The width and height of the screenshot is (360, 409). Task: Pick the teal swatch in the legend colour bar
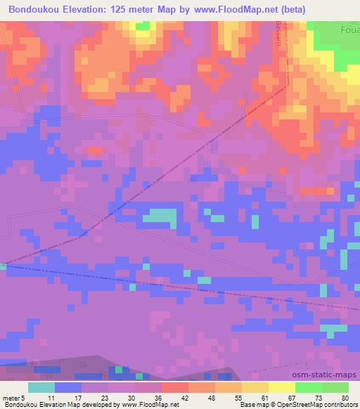(x=42, y=387)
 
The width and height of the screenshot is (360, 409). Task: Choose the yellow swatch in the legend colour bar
(x=281, y=387)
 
